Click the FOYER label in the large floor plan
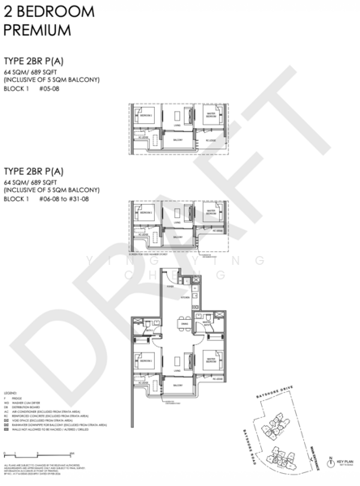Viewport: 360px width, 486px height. (x=170, y=288)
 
